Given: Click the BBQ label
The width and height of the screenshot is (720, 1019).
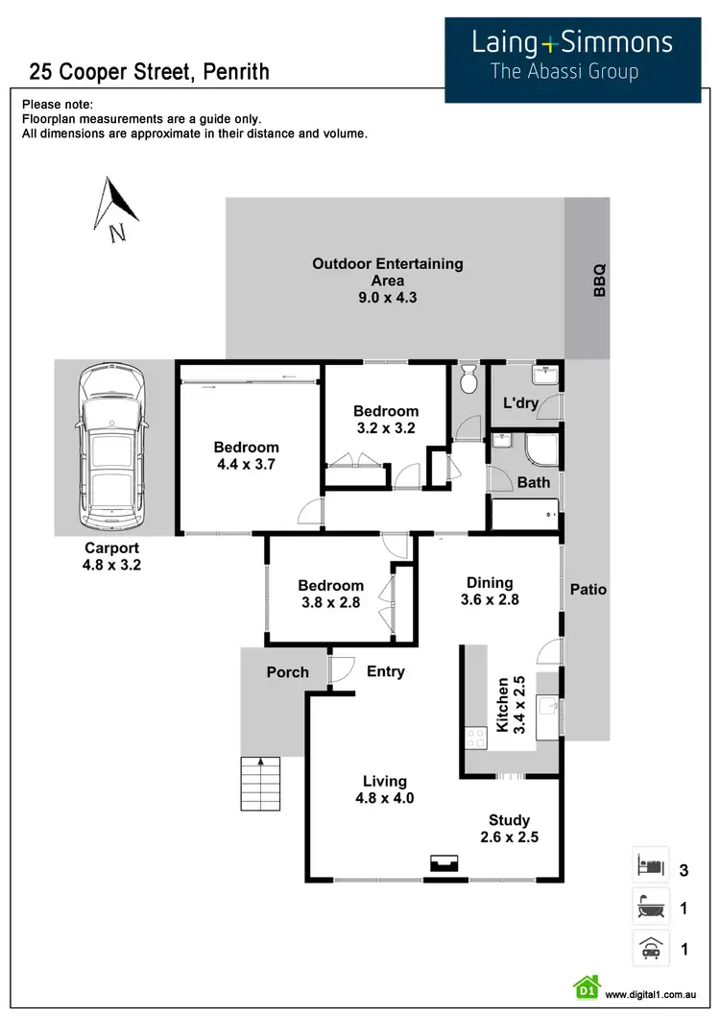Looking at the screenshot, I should tap(600, 279).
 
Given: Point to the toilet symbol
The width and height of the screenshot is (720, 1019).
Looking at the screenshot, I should tap(468, 380).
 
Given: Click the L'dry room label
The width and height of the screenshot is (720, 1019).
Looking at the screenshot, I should tap(521, 403).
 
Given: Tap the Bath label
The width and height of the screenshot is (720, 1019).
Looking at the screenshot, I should tap(534, 482).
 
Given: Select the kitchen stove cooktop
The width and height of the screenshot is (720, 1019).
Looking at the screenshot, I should tap(475, 738).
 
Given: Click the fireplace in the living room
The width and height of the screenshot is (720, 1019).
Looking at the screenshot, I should tap(443, 864).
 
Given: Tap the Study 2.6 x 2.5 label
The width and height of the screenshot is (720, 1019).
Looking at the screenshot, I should tap(509, 829).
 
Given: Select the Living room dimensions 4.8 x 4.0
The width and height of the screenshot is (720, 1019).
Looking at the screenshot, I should tap(384, 797).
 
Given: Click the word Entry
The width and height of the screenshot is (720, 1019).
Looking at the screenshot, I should tap(386, 671).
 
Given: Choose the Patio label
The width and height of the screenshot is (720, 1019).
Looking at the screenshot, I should tap(588, 589).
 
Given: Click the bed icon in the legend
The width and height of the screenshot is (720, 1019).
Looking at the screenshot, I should tap(650, 868).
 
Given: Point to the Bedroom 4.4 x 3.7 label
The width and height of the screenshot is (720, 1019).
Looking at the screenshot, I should tap(247, 455).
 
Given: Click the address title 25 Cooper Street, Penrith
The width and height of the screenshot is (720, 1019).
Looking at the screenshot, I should tap(149, 71).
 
